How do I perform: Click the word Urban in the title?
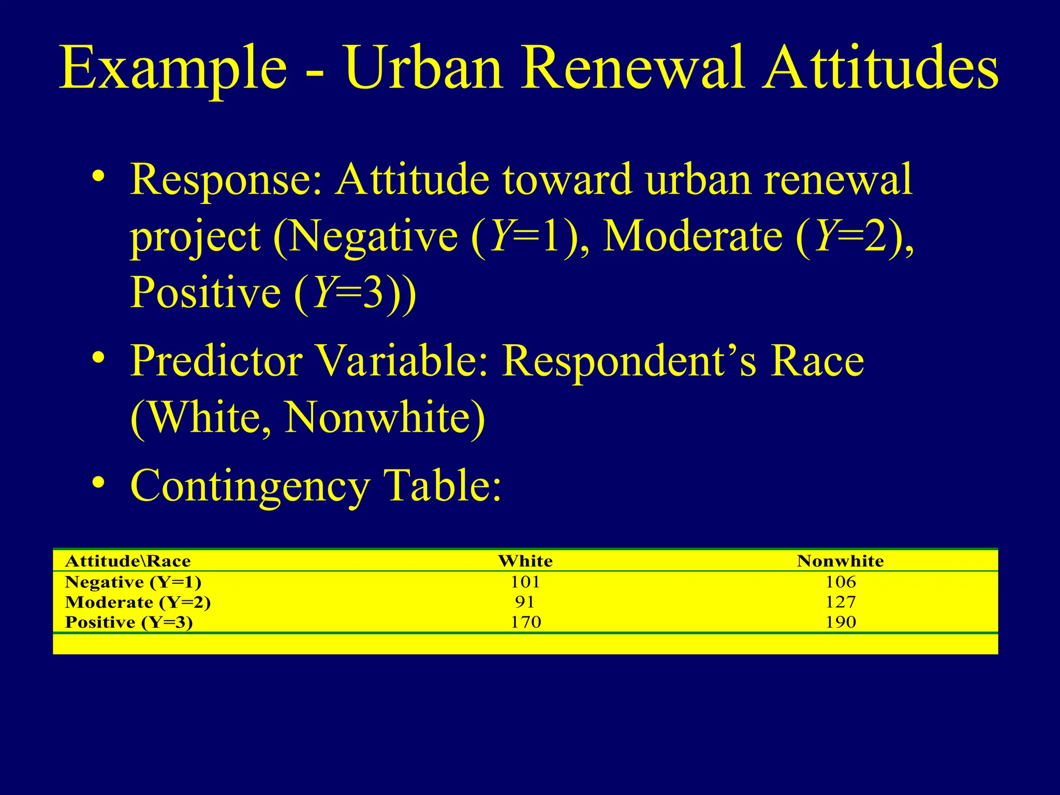[424, 68]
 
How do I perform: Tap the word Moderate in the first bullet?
[693, 236]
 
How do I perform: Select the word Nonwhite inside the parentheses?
[377, 417]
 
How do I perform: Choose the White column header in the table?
[525, 561]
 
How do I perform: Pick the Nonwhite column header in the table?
[840, 561]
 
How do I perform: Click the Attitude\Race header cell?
[128, 561]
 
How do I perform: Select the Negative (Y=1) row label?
[133, 582]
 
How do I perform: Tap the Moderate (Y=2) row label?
[138, 602]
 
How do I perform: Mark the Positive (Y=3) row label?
[129, 622]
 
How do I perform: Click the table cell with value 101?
[525, 582]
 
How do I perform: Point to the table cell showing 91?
[525, 602]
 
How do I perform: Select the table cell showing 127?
[841, 602]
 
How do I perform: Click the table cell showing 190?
[841, 622]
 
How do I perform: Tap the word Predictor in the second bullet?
[216, 361]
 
